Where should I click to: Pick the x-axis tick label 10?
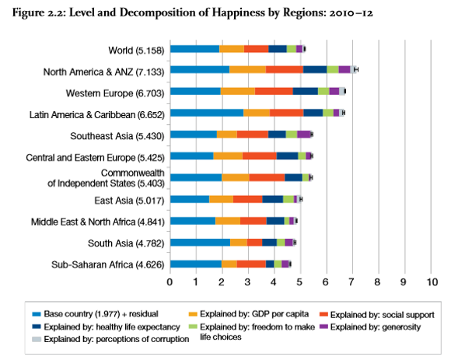[431, 281]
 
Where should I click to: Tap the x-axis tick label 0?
[170, 281]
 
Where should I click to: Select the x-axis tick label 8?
[379, 281]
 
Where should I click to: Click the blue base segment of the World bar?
[194, 48]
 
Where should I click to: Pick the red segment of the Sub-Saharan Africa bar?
[251, 264]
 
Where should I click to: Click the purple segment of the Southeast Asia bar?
[303, 135]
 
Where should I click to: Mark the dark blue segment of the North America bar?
[314, 70]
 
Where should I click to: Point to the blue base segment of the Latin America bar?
[206, 113]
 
